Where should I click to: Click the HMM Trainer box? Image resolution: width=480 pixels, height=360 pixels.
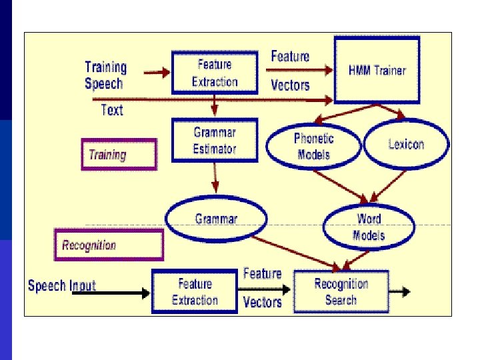point(377,70)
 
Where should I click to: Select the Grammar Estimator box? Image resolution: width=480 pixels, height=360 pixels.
point(214,140)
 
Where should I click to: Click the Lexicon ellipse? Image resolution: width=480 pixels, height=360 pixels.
point(406,145)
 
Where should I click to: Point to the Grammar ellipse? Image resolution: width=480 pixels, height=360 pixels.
point(215,219)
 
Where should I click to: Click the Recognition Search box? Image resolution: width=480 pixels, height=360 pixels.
point(341,292)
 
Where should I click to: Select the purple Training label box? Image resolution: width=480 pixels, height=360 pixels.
point(119,155)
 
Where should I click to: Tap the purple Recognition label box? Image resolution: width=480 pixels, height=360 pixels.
point(108,245)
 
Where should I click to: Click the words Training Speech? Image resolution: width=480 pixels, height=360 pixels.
point(105,75)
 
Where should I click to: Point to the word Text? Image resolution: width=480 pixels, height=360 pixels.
point(112,110)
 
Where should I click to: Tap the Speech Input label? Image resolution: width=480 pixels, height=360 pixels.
point(62,286)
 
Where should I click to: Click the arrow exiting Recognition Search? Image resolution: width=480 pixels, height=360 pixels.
point(399,291)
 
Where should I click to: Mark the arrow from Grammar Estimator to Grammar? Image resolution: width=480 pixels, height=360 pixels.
point(215,178)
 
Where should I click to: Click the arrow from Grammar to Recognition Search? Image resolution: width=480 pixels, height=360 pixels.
point(300,250)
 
